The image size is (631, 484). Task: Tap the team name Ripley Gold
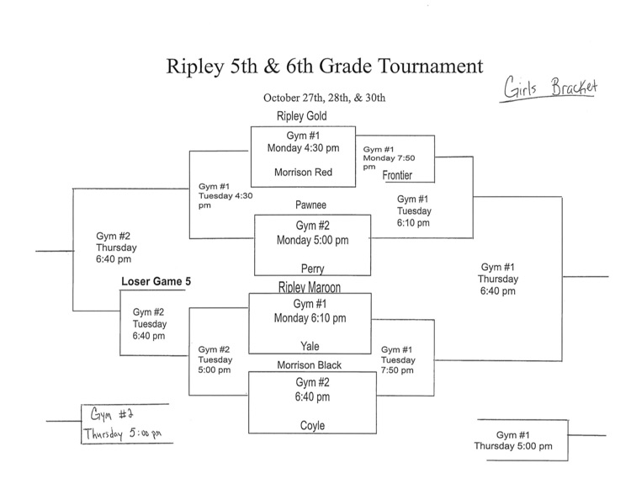coord(300,116)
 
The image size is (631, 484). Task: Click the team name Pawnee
coord(311,205)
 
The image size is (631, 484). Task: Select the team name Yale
coord(310,345)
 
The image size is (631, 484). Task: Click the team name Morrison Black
coord(310,364)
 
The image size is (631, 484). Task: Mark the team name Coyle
coord(312,426)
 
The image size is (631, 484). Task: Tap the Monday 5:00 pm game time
coord(312,239)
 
